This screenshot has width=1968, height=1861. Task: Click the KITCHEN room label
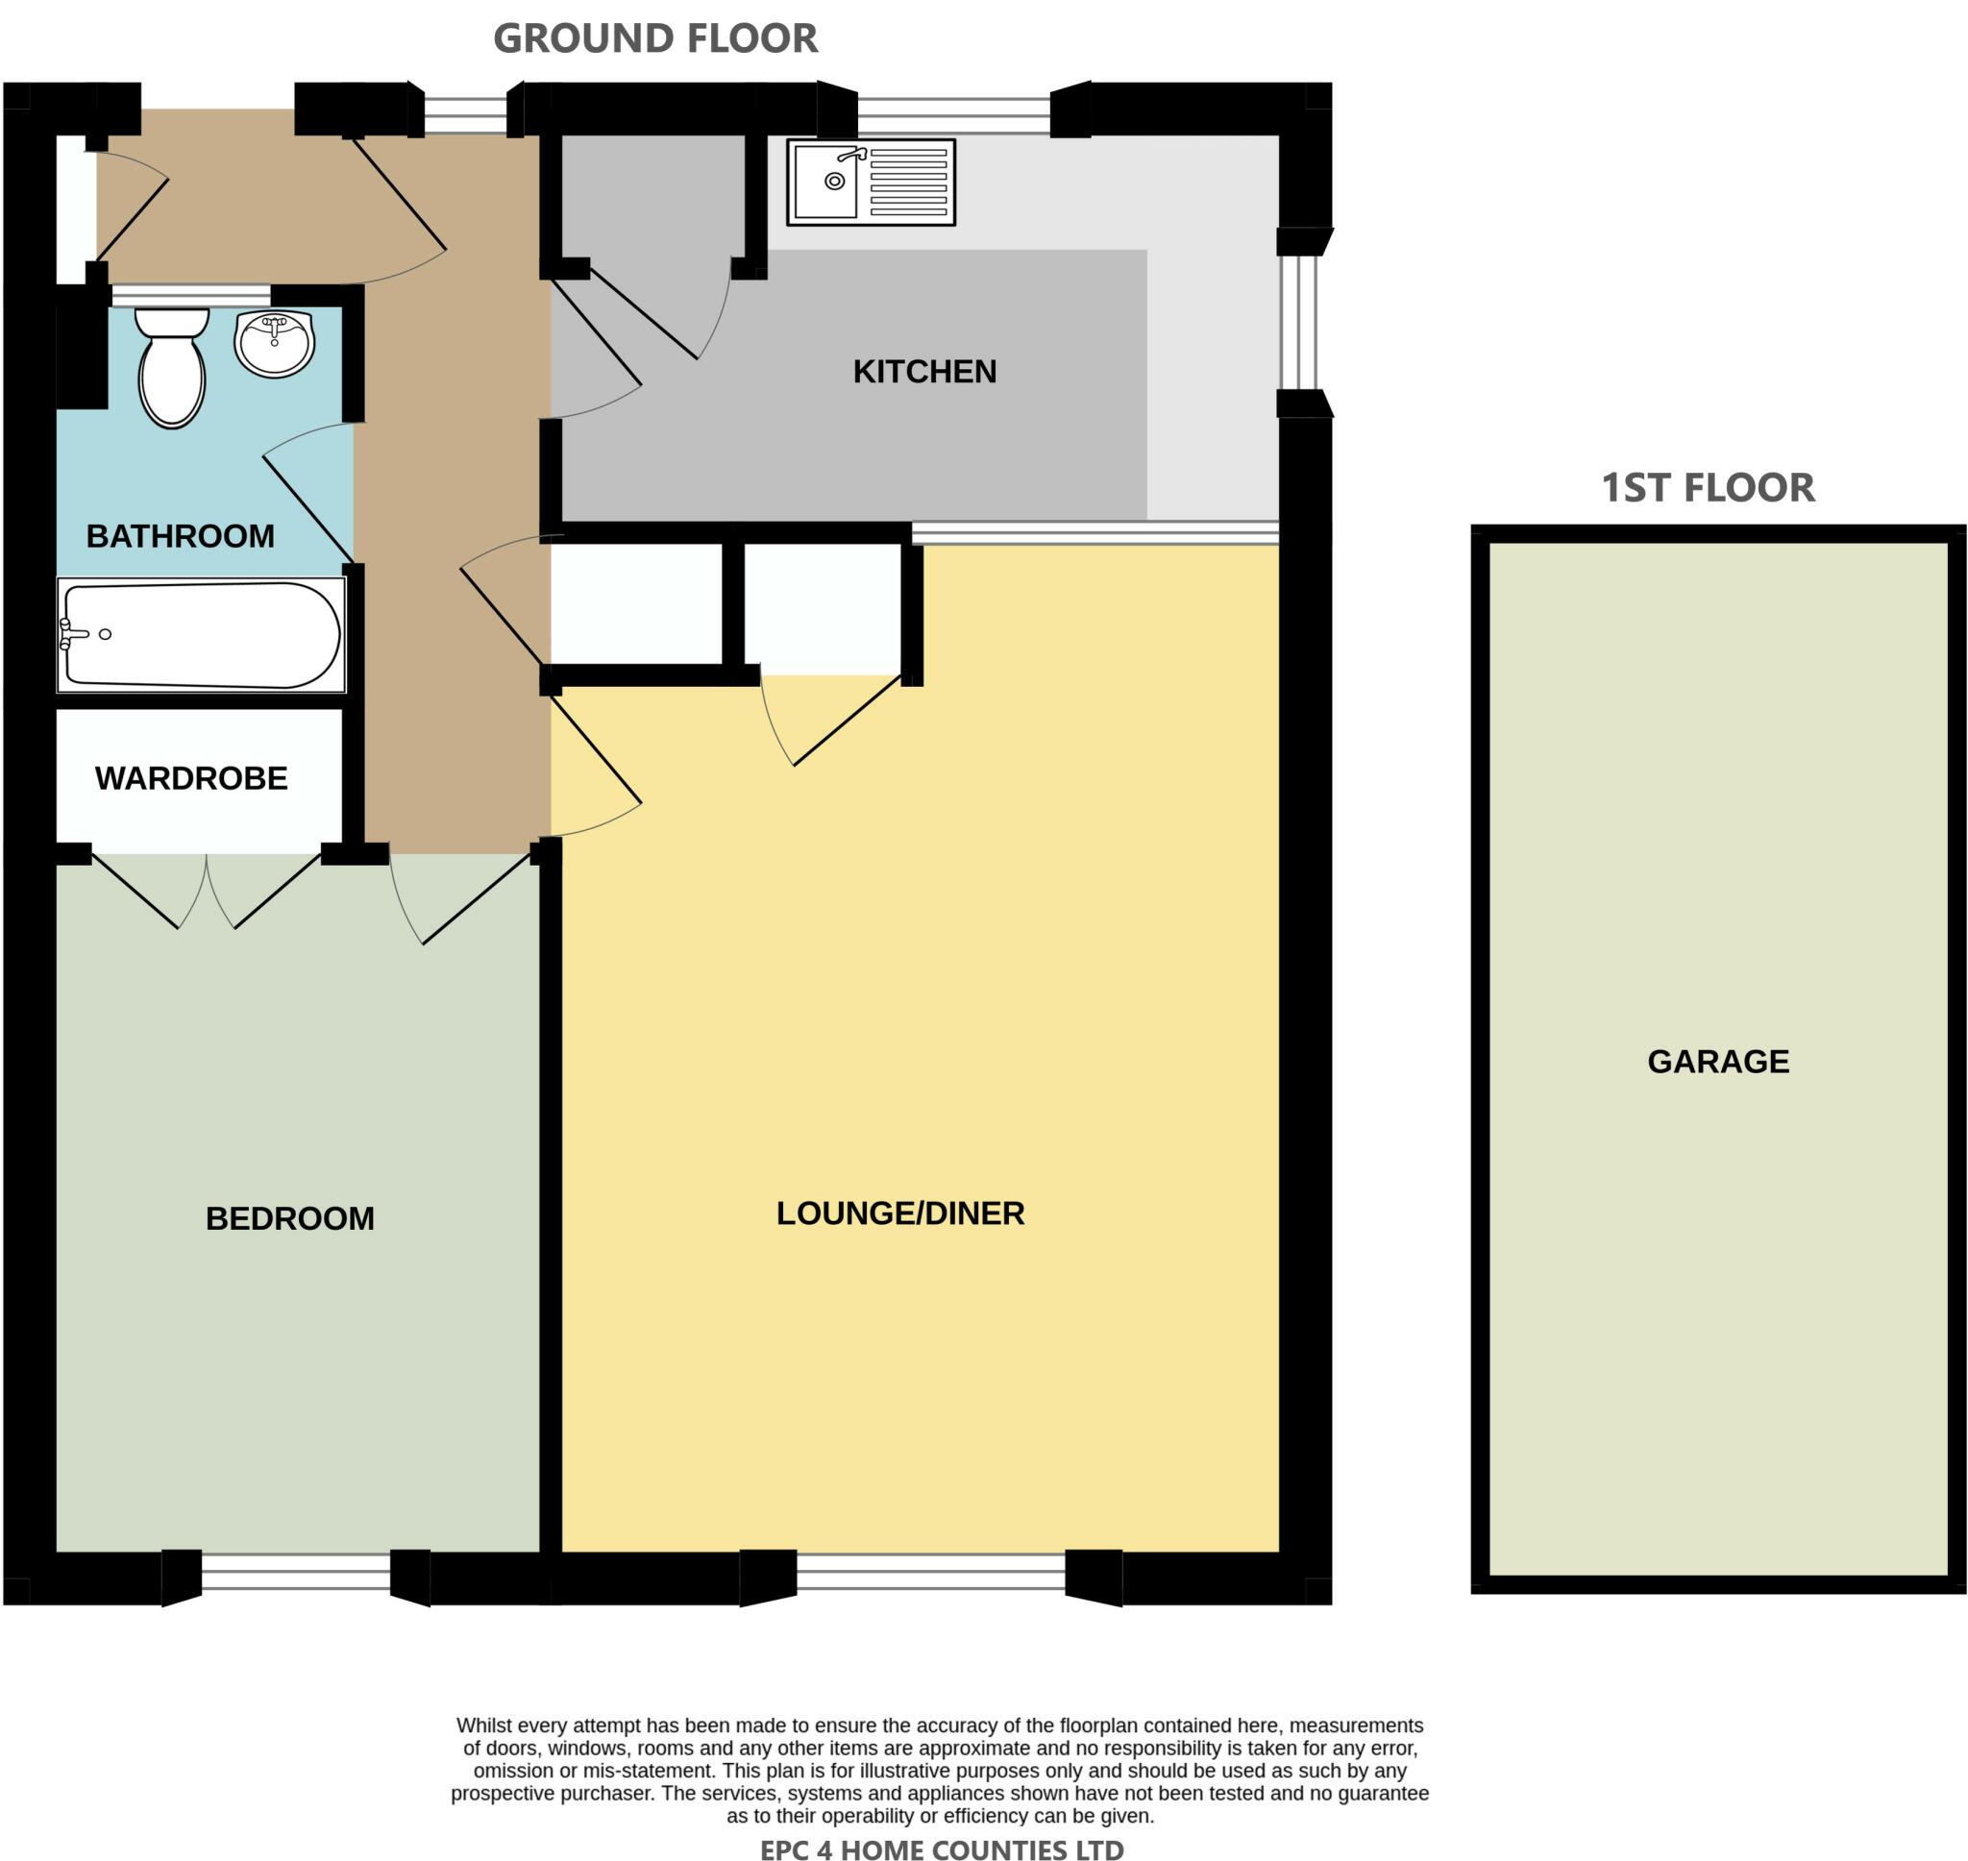(923, 371)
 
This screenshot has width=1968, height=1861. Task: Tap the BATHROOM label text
(180, 536)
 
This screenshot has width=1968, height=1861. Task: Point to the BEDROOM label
(289, 1218)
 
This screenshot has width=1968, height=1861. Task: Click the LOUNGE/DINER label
(899, 1213)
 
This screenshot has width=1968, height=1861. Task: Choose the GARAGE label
(1718, 1062)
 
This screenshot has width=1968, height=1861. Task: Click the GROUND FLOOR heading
(654, 38)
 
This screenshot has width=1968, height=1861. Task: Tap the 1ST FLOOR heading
(1708, 487)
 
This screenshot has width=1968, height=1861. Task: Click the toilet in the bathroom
(172, 367)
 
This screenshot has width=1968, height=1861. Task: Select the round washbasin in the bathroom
(275, 342)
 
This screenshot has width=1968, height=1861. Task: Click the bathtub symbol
(202, 635)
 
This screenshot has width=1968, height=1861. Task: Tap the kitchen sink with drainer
(870, 182)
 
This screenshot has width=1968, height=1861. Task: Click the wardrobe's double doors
(207, 890)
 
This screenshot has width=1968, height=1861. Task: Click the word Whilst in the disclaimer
(483, 1726)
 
